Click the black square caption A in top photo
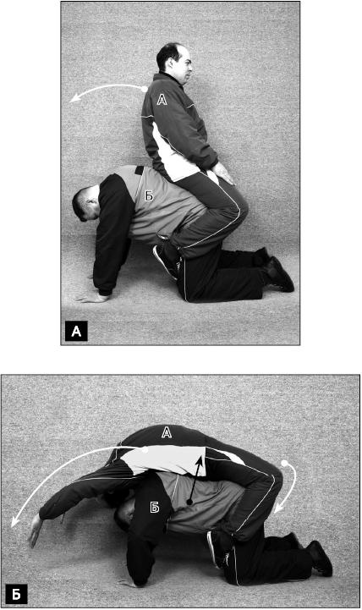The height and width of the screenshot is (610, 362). [76, 331]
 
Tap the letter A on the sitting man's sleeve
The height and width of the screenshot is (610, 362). [162, 99]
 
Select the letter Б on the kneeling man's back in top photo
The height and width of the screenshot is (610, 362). [149, 195]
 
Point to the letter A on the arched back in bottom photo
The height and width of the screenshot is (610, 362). [167, 431]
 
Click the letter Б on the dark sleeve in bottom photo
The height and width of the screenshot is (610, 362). [155, 507]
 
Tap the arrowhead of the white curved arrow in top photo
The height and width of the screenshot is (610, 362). [74, 99]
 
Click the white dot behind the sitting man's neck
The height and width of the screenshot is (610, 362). [145, 89]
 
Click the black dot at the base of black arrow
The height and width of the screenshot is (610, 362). [189, 503]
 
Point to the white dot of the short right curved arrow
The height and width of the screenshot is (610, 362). [284, 463]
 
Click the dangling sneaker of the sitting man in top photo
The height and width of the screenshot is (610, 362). [165, 261]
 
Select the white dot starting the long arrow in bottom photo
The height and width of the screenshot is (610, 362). [145, 450]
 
